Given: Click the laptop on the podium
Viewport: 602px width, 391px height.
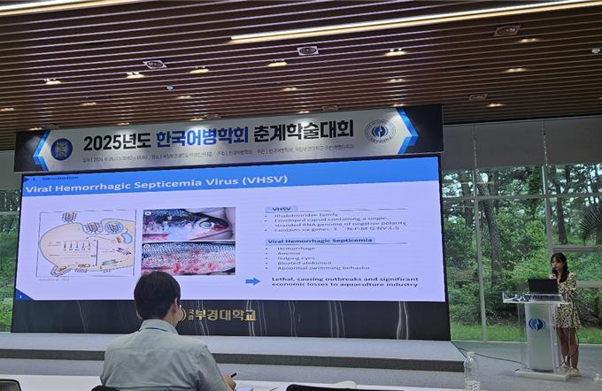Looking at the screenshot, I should (542, 286).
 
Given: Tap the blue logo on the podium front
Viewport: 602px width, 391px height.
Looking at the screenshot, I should (536, 325).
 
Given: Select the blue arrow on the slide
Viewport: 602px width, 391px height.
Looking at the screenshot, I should (252, 280).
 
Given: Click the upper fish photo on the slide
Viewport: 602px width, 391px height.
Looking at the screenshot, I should (188, 224).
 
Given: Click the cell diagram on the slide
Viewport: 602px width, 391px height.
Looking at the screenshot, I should (86, 242).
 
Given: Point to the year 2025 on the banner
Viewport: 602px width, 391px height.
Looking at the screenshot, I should (104, 142).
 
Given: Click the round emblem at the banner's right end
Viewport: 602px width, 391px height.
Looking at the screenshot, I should (380, 132).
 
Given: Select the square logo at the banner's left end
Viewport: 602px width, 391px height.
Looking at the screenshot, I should (62, 148).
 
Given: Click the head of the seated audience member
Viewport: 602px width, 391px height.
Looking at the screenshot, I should (157, 297).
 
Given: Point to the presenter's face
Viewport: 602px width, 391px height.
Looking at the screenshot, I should (559, 263).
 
